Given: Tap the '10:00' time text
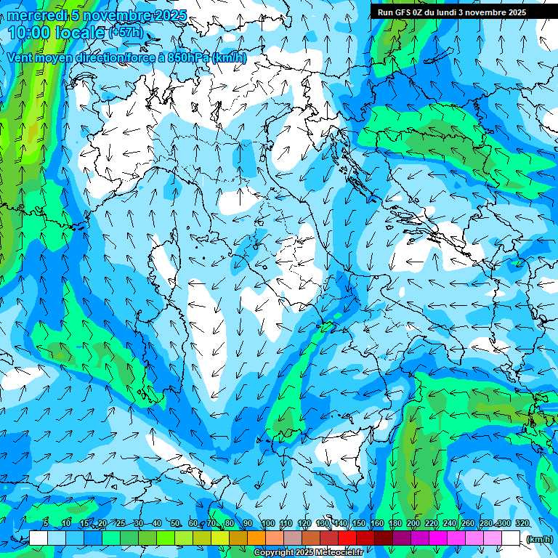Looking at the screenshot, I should [x=27, y=32].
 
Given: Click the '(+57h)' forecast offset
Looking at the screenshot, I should [x=126, y=33].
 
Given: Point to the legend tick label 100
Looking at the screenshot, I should [x=267, y=523].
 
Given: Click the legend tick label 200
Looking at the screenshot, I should [x=413, y=523].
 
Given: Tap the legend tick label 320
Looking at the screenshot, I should [x=522, y=523].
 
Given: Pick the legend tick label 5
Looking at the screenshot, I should [x=46, y=523].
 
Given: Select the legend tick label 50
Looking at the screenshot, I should [x=175, y=523].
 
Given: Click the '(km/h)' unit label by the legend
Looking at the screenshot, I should [x=539, y=538].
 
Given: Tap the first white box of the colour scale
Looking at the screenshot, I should [x=39, y=538].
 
